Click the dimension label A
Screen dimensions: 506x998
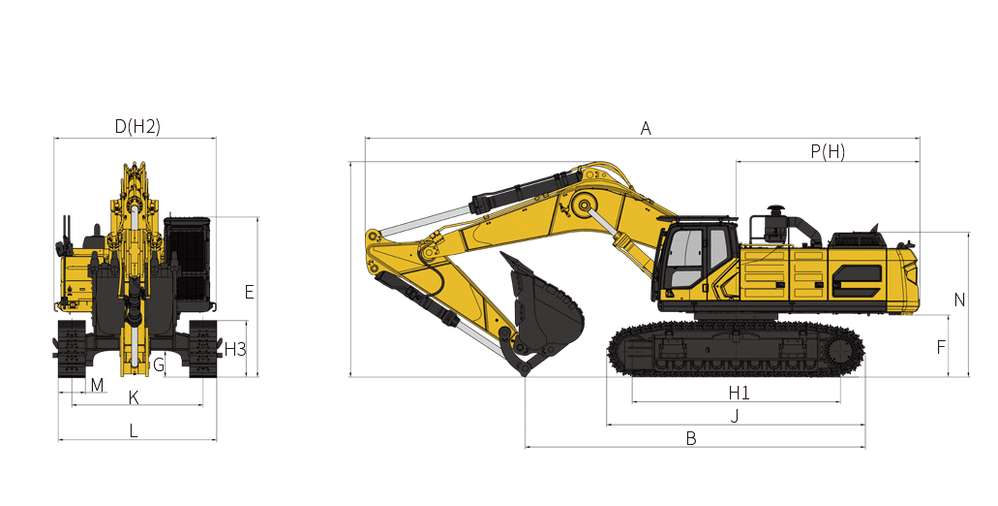coord(646,128)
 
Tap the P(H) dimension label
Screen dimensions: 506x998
coord(827,151)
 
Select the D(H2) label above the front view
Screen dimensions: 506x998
coord(136,127)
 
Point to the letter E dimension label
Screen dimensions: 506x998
coord(249,292)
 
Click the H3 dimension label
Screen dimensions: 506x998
coord(235,348)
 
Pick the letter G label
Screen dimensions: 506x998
coord(159,364)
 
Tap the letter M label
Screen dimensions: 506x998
coord(97,385)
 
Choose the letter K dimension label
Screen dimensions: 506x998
coord(134,397)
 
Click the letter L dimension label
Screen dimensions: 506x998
coord(134,430)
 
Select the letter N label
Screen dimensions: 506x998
coord(959,300)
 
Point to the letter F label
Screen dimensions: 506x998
coord(941,346)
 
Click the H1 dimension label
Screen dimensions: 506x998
coord(739,393)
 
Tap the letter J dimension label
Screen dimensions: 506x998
coord(735,416)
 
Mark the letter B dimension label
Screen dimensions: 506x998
coord(691,438)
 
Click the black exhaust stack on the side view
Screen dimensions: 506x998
coord(774,224)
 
